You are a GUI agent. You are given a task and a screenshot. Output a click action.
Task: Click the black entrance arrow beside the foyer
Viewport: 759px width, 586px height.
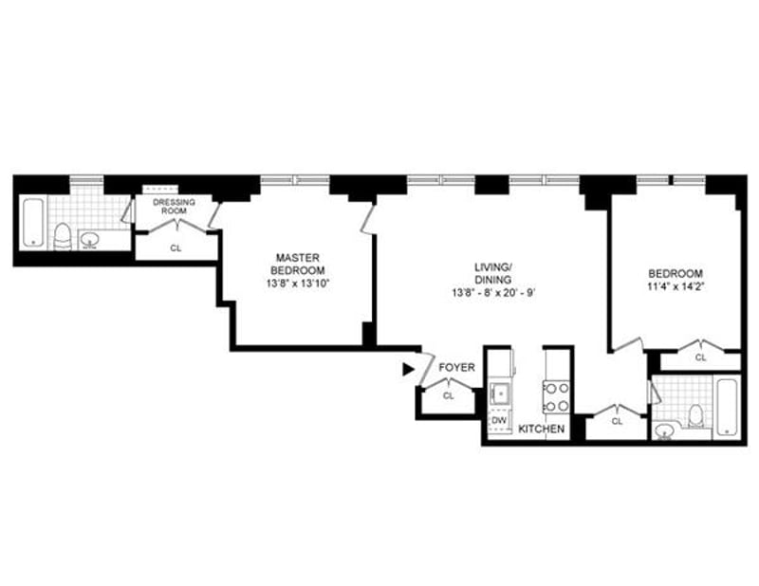pyautogui.click(x=409, y=369)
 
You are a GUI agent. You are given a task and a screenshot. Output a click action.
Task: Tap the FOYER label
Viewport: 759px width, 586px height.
pyautogui.click(x=456, y=368)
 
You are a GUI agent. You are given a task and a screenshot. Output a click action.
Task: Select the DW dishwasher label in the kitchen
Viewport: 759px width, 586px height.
pyautogui.click(x=499, y=420)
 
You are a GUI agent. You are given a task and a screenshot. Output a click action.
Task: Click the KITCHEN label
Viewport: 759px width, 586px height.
pyautogui.click(x=541, y=429)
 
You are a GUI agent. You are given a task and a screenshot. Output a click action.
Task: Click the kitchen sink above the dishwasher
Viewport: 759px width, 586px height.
pyautogui.click(x=500, y=393)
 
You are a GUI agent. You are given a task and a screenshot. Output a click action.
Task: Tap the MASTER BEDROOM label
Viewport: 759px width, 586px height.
pyautogui.click(x=298, y=264)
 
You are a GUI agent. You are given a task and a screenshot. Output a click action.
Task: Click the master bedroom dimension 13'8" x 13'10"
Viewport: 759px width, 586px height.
pyautogui.click(x=298, y=284)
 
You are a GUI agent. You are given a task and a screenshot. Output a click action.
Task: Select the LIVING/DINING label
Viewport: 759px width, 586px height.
pyautogui.click(x=493, y=273)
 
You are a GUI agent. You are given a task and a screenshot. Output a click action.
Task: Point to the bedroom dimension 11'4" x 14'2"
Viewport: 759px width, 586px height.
pyautogui.click(x=676, y=286)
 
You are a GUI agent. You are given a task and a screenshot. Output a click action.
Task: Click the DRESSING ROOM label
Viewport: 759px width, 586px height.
pyautogui.click(x=174, y=207)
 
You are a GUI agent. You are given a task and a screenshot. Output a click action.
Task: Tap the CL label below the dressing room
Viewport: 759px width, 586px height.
pyautogui.click(x=176, y=248)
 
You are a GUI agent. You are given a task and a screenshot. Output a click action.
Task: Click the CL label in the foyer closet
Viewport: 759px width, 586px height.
pyautogui.click(x=449, y=395)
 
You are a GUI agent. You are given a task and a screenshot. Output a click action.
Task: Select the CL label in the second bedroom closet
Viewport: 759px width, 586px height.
pyautogui.click(x=700, y=357)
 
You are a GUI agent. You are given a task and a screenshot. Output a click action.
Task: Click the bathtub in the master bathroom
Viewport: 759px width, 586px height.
pyautogui.click(x=33, y=222)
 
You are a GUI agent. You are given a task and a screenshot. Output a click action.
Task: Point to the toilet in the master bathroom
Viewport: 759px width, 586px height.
pyautogui.click(x=62, y=237)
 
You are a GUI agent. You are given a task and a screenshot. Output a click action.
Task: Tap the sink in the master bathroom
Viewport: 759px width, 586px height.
pyautogui.click(x=89, y=240)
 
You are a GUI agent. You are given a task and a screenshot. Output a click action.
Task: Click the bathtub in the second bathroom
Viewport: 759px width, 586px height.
pyautogui.click(x=727, y=407)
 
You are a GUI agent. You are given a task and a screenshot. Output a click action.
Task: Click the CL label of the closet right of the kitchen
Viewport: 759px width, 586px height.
pyautogui.click(x=617, y=421)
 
